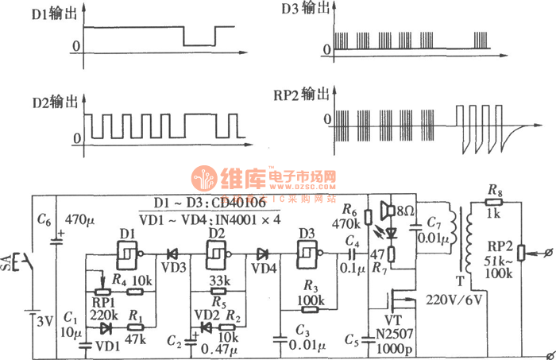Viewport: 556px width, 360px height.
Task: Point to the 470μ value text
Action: pyautogui.click(x=79, y=219)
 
